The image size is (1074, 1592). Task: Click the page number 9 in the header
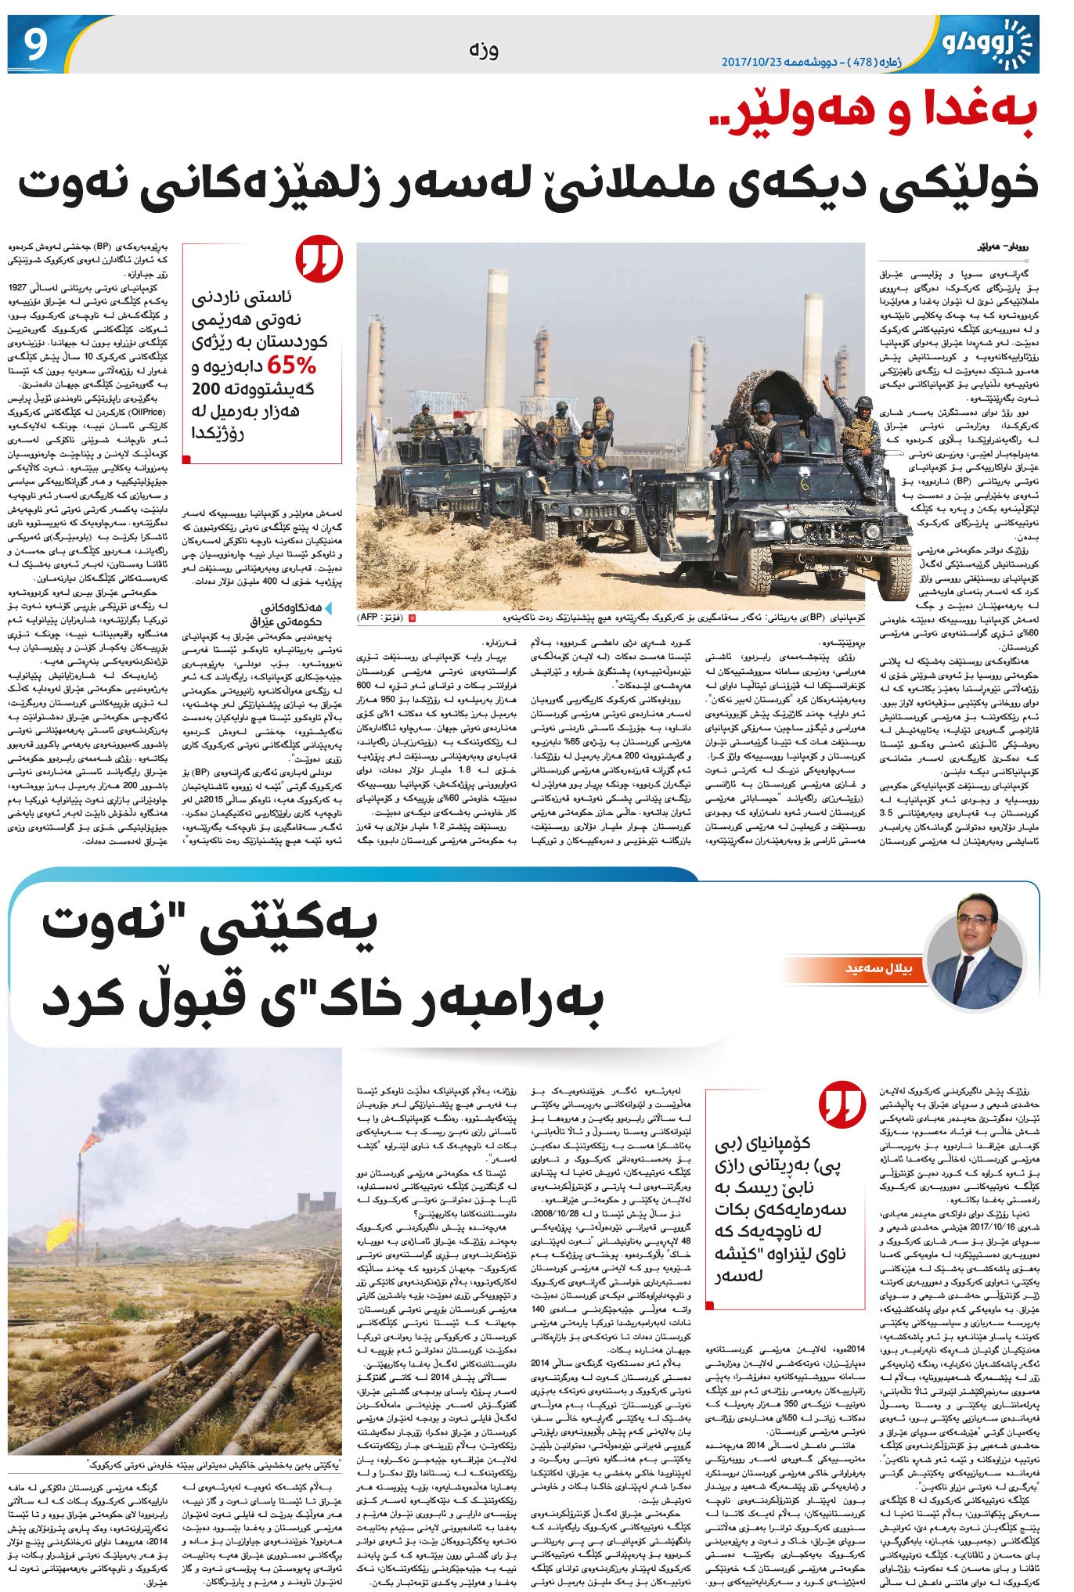tap(36, 46)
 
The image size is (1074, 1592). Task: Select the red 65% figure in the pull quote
tap(292, 366)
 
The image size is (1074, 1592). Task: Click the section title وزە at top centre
tap(484, 50)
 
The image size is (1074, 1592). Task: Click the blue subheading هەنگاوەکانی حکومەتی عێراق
tap(291, 614)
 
